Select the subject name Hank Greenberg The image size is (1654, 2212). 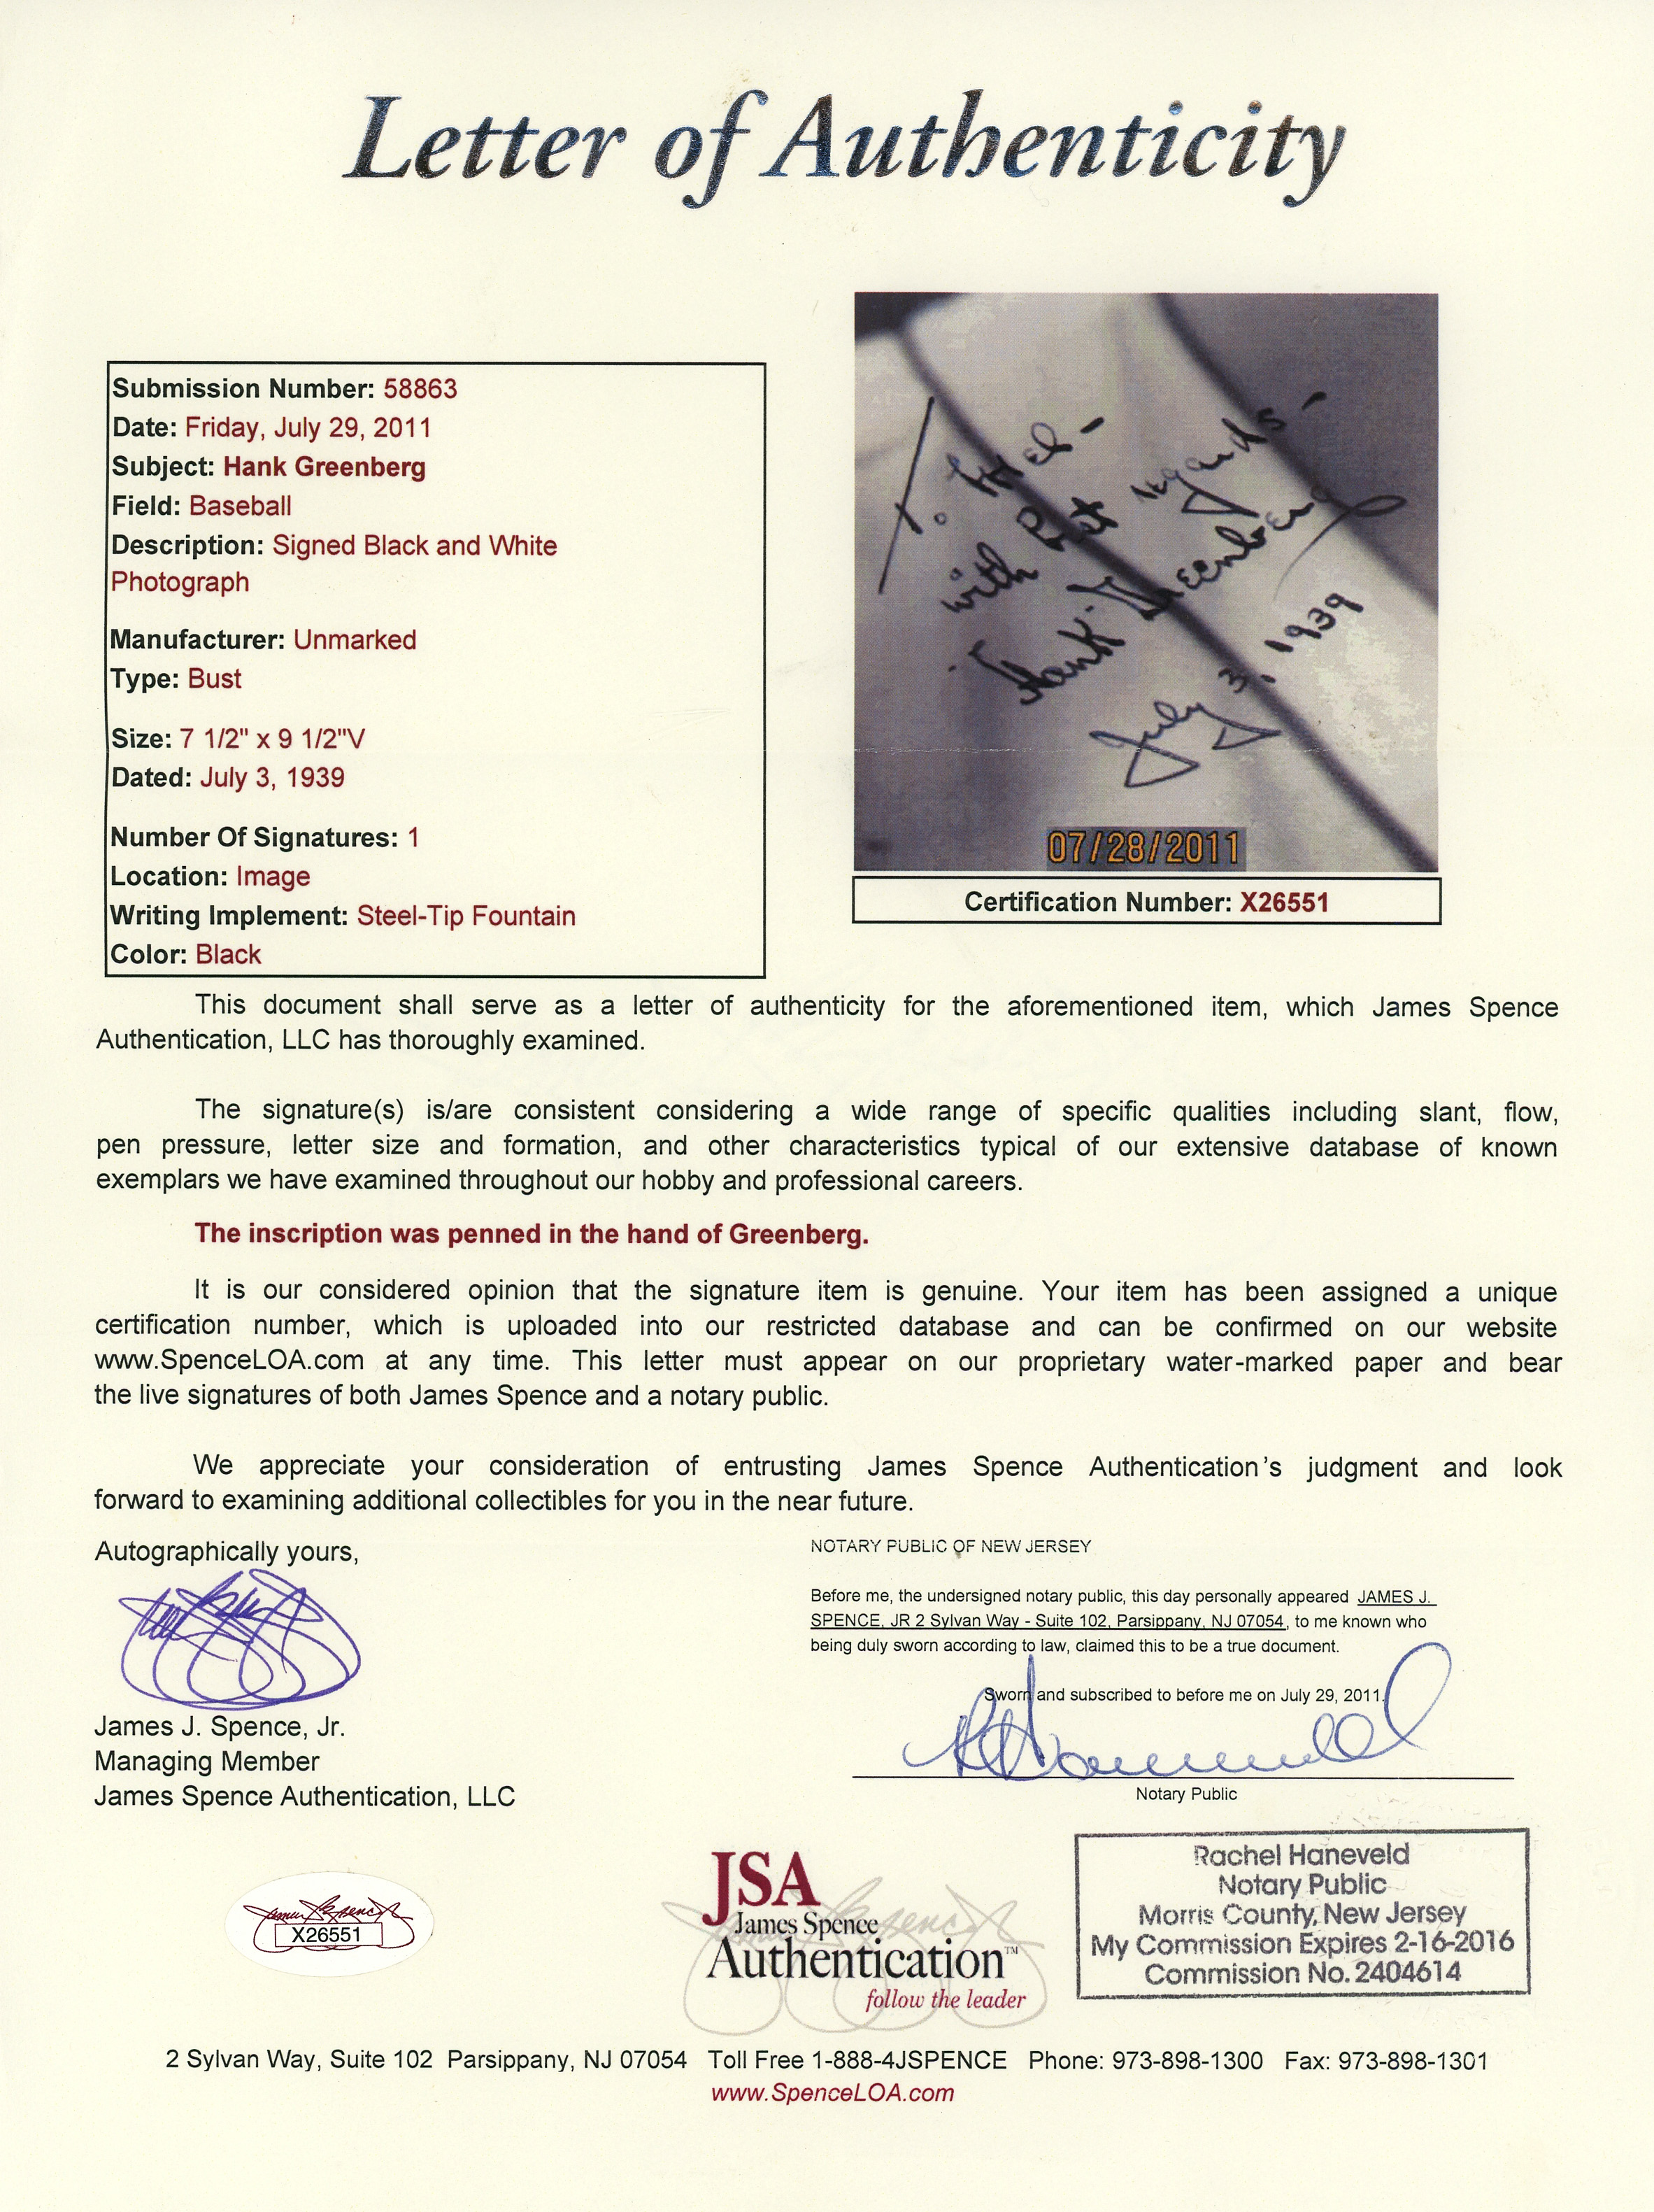pyautogui.click(x=324, y=467)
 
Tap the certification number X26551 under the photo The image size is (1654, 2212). pyautogui.click(x=1284, y=902)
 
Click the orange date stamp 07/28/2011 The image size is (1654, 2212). pyautogui.click(x=1143, y=848)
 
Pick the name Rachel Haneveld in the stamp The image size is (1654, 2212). pyautogui.click(x=1301, y=1855)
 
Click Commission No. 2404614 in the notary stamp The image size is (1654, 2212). pyautogui.click(x=1302, y=1973)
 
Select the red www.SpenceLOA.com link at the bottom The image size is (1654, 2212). pyautogui.click(x=832, y=2093)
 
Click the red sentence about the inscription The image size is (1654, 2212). pyautogui.click(x=531, y=1234)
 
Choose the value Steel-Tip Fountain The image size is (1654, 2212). pyautogui.click(x=466, y=916)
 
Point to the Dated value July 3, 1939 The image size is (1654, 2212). pyautogui.click(x=272, y=778)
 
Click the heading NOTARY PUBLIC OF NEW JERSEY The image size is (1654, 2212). pyautogui.click(x=950, y=1546)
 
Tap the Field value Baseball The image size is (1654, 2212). pyautogui.click(x=240, y=506)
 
